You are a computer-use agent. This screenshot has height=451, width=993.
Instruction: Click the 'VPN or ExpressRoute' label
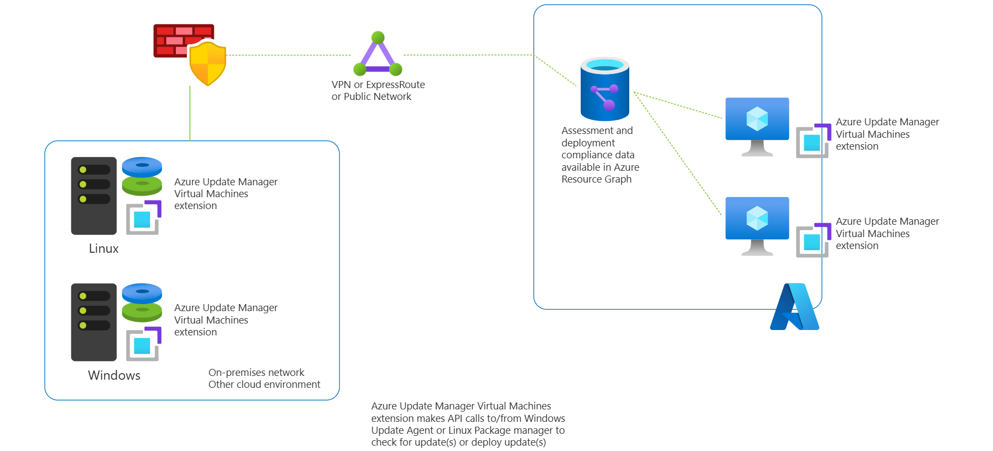[378, 85]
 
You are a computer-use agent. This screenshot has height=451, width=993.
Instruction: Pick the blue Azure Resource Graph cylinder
[604, 89]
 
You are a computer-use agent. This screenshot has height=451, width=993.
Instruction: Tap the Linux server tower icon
[94, 196]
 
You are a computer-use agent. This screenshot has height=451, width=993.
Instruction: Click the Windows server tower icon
[94, 322]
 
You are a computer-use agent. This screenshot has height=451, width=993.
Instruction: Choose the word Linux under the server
[104, 248]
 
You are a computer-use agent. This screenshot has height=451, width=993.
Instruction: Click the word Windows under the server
[114, 375]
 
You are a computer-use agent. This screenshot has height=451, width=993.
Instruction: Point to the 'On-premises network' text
[256, 373]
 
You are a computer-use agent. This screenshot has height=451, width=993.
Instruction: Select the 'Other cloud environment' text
[264, 385]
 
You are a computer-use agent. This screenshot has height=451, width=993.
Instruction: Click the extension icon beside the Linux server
[144, 218]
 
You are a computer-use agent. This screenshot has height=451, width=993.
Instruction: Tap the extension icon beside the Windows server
[144, 344]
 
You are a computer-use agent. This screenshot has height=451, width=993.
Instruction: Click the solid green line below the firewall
[190, 113]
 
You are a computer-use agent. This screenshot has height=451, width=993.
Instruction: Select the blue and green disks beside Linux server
[142, 176]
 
